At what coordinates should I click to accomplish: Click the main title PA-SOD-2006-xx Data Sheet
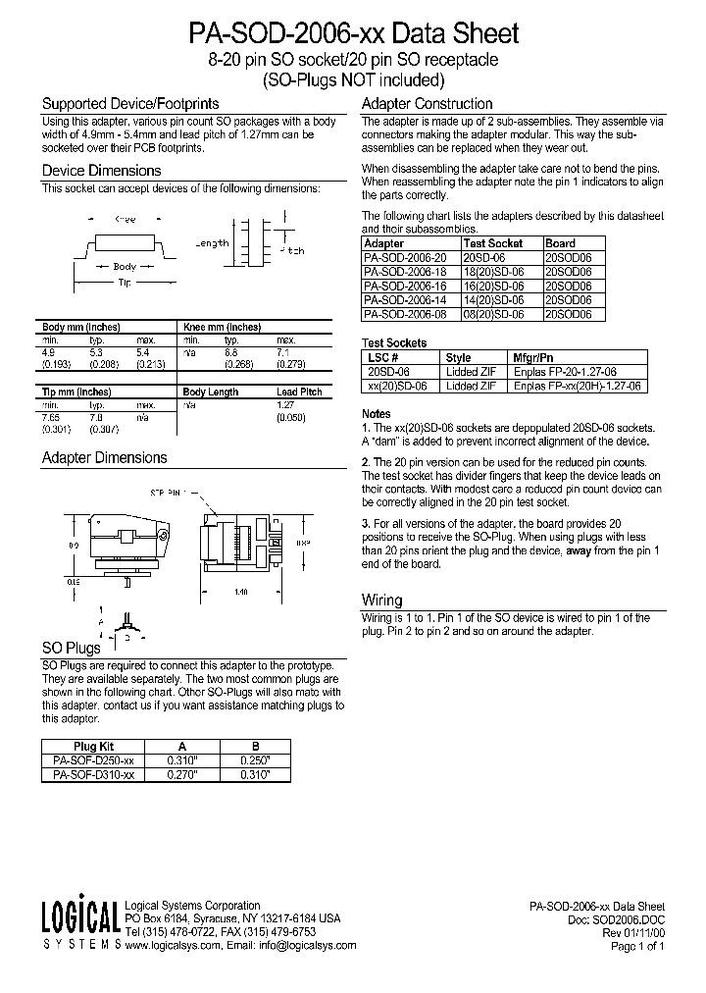pos(353,34)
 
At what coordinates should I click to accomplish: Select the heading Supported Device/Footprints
pos(129,103)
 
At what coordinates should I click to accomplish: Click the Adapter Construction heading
pos(427,104)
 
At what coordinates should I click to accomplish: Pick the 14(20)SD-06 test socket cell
pos(493,301)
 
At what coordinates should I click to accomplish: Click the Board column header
pos(561,242)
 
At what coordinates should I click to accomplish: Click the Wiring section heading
pos(381,600)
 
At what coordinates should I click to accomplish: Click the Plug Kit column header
pos(94,746)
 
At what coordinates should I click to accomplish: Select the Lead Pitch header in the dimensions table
pos(298,392)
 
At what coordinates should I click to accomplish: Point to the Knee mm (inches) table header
pos(222,327)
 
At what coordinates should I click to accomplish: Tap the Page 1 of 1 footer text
pos(637,946)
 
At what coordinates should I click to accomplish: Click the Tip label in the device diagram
pos(125,282)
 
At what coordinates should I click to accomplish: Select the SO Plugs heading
pos(71,648)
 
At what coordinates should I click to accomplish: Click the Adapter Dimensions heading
pos(104,457)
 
